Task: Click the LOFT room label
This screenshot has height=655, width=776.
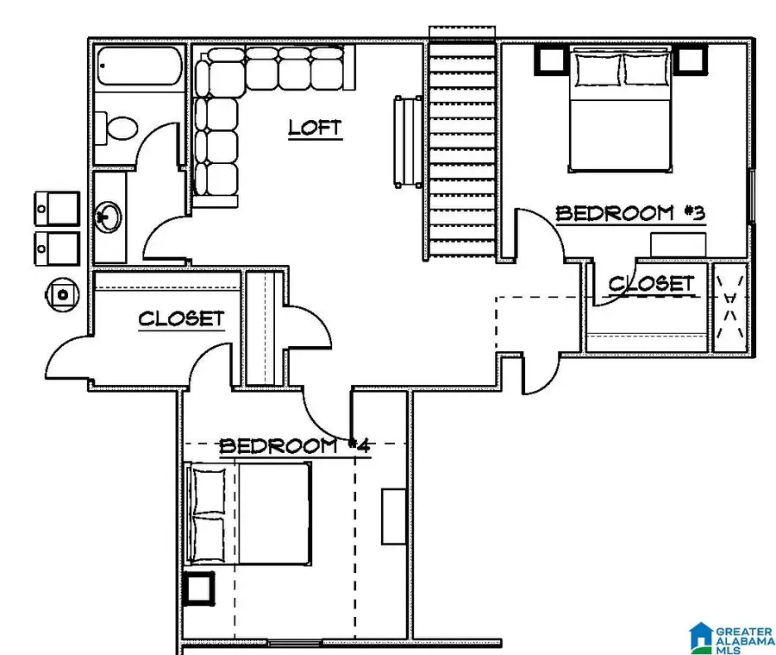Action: (x=315, y=128)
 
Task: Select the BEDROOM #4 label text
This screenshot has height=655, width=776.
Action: (x=295, y=446)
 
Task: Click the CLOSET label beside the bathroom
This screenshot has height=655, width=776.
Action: (x=181, y=318)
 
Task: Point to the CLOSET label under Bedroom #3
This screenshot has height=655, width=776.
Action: (x=651, y=283)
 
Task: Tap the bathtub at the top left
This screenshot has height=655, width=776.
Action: (x=135, y=66)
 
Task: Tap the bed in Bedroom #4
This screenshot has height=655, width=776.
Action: (x=250, y=513)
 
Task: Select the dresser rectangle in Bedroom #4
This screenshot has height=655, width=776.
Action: (x=394, y=515)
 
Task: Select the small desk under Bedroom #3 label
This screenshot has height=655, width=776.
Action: (x=678, y=243)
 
